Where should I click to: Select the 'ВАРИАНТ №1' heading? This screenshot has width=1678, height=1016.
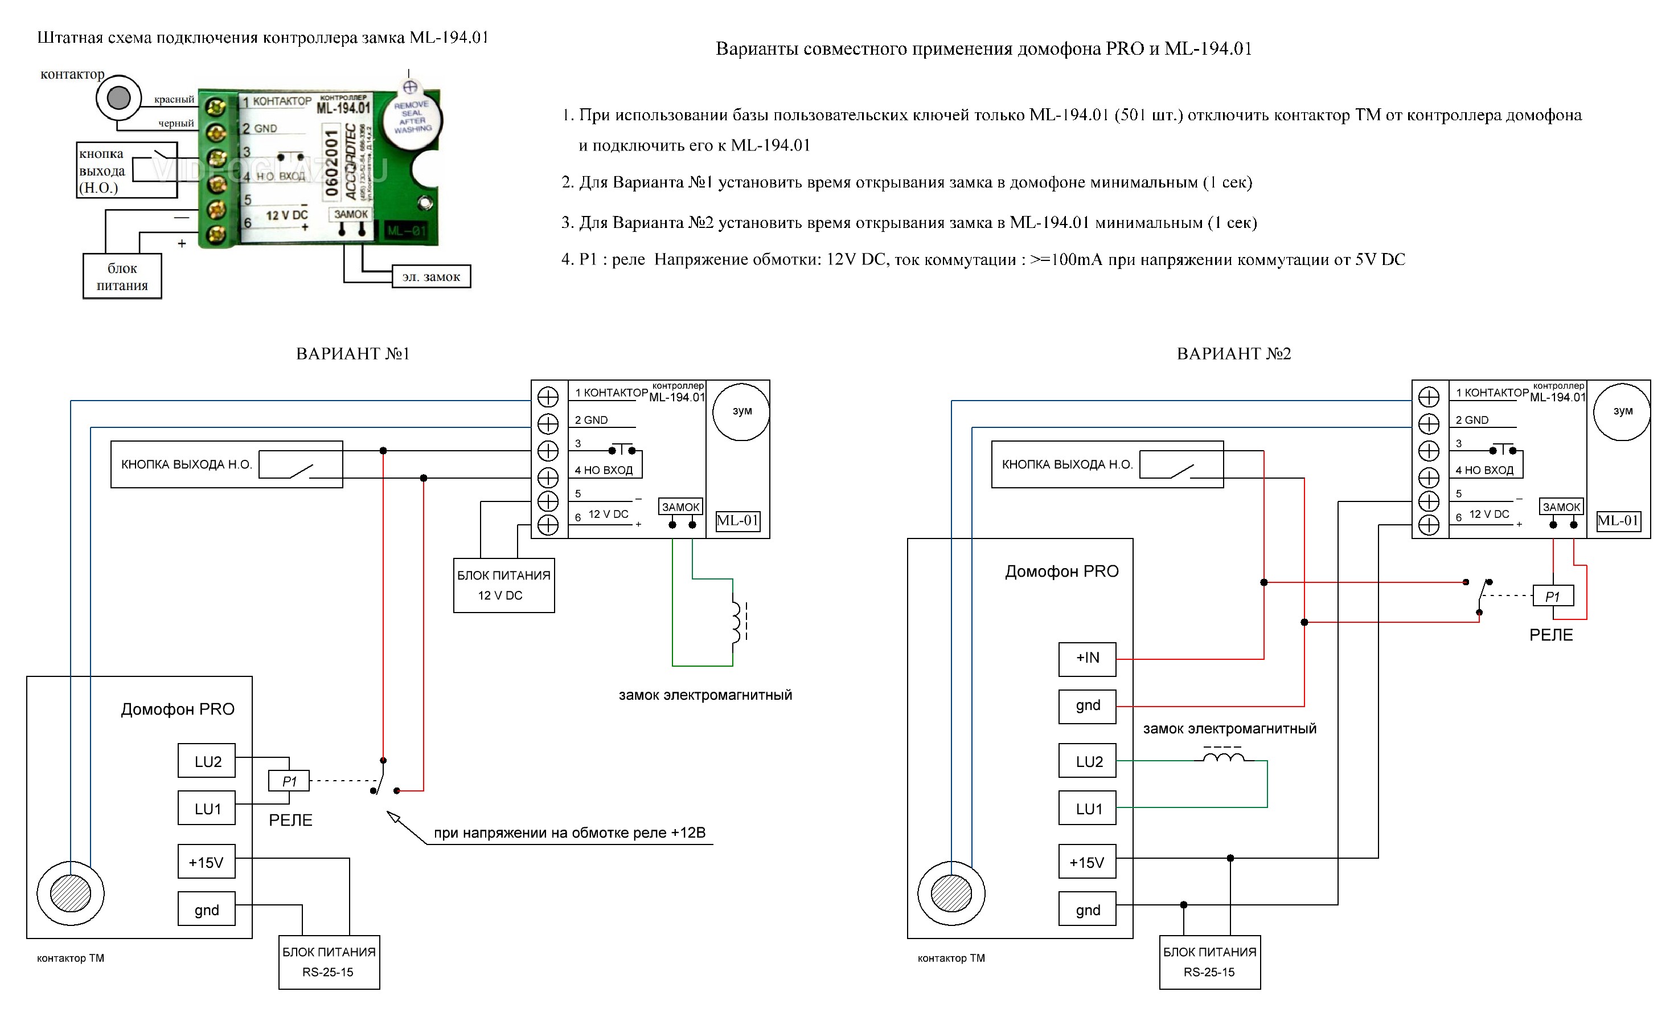[x=353, y=354]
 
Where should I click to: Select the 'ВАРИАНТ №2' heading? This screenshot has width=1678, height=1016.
[x=1233, y=354]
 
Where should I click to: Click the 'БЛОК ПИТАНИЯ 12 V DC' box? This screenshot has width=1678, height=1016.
[x=503, y=585]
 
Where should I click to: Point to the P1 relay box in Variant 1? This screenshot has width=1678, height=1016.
[x=289, y=781]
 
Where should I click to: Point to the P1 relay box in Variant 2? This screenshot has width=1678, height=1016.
[x=1553, y=596]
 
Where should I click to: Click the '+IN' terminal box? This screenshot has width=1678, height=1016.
[x=1087, y=658]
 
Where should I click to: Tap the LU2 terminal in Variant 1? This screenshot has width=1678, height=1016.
[x=207, y=761]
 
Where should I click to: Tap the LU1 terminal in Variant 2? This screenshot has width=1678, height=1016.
[x=1088, y=809]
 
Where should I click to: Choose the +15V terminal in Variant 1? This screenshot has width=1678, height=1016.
[x=206, y=862]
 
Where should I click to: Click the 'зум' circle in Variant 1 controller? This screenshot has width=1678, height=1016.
[x=741, y=411]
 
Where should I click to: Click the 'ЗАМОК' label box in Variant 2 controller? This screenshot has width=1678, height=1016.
[x=1561, y=507]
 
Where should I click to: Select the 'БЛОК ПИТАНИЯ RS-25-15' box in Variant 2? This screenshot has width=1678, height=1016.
[x=1209, y=961]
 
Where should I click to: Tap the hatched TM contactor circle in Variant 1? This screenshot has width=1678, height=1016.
[x=70, y=893]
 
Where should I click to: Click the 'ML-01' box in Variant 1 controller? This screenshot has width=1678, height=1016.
[x=737, y=521]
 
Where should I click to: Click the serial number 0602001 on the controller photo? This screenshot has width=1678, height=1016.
[x=331, y=163]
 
